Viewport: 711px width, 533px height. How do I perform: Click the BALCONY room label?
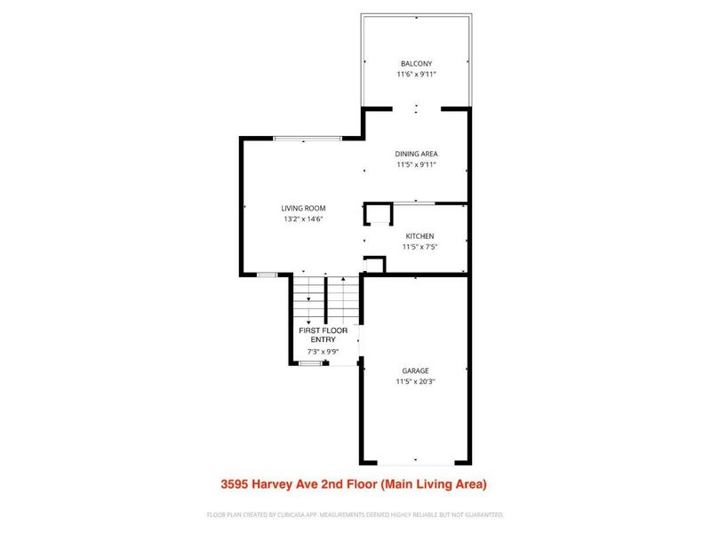click(x=416, y=64)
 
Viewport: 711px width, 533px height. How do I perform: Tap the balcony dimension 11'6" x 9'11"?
click(x=416, y=75)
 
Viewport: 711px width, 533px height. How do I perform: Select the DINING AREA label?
click(x=416, y=154)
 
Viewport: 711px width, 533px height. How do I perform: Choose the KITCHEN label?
click(x=419, y=235)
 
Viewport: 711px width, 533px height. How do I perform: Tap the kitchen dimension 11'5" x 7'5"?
click(x=419, y=246)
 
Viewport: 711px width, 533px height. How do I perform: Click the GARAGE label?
click(x=415, y=370)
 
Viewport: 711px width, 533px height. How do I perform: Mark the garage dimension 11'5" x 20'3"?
click(x=415, y=381)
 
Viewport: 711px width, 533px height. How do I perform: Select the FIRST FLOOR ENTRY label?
click(x=322, y=335)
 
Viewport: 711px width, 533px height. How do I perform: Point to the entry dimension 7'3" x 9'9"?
click(x=322, y=351)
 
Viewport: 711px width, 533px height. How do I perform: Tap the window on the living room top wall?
click(x=307, y=138)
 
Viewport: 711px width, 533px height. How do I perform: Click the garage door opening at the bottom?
click(x=415, y=463)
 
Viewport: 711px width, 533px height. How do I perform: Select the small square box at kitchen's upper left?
click(x=378, y=215)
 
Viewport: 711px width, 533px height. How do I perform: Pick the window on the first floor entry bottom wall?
click(x=311, y=363)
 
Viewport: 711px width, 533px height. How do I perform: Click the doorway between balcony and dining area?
click(x=415, y=108)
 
